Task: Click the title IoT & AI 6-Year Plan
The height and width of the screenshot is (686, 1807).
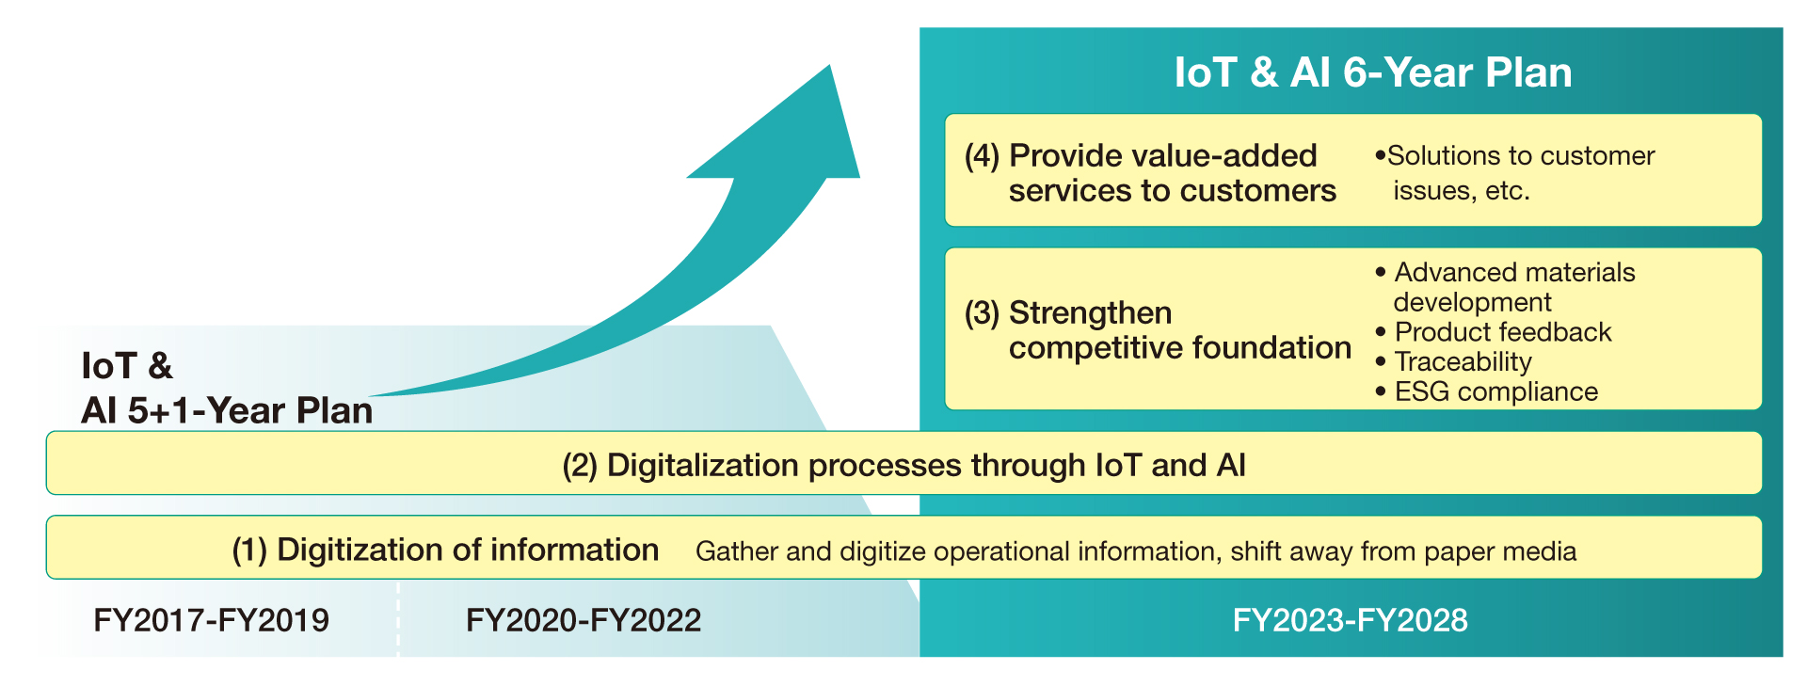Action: click(1373, 72)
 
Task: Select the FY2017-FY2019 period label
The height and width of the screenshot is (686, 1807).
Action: click(212, 620)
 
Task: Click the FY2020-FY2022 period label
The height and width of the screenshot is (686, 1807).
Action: click(584, 620)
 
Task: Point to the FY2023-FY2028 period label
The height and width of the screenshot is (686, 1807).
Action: click(1351, 620)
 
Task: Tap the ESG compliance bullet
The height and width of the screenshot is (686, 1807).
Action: click(1487, 391)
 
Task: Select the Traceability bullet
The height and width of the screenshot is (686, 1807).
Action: click(1454, 361)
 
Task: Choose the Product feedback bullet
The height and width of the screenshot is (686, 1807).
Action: click(1494, 331)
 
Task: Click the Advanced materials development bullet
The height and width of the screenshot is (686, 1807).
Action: click(1506, 287)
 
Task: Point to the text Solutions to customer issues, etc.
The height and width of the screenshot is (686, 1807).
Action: click(1514, 172)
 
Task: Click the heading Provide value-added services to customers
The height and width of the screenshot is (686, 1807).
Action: click(1150, 173)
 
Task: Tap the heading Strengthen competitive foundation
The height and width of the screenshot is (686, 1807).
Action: click(1158, 330)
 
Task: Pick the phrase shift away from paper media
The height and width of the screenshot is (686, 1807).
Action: click(1403, 551)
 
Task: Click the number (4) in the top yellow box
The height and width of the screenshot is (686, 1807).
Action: click(982, 156)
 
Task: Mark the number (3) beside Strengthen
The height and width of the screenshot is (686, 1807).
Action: click(982, 313)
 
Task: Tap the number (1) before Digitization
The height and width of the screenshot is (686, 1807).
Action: click(249, 550)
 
